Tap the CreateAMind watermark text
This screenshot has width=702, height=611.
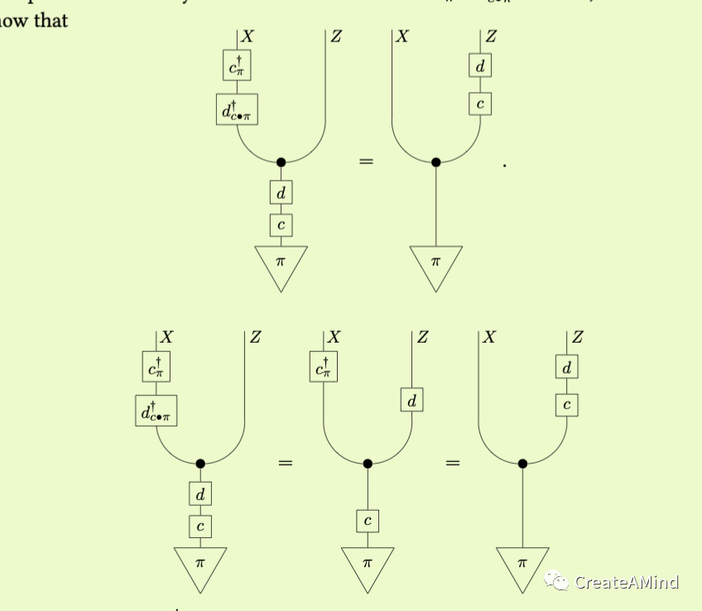click(627, 582)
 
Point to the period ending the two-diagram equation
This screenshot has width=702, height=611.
click(504, 166)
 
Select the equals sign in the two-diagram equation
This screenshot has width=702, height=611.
click(366, 162)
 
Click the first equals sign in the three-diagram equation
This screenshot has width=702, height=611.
click(285, 464)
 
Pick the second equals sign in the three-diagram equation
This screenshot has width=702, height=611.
click(452, 464)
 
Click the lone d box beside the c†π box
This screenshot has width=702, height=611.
click(411, 401)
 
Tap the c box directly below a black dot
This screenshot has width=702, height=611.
click(368, 521)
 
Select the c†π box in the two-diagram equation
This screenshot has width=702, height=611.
click(237, 65)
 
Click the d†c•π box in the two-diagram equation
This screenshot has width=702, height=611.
click(237, 109)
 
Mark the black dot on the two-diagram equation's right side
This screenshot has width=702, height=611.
click(436, 162)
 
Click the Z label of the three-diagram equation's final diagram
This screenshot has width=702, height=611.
click(577, 337)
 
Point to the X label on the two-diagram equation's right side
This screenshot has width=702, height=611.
click(402, 36)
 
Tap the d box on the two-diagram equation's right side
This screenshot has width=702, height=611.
click(479, 65)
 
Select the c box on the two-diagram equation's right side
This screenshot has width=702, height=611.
click(479, 104)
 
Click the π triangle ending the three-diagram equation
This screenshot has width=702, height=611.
click(522, 567)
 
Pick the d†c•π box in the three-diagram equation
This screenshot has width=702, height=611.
click(156, 411)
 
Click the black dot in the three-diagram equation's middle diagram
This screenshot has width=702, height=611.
click(368, 464)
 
